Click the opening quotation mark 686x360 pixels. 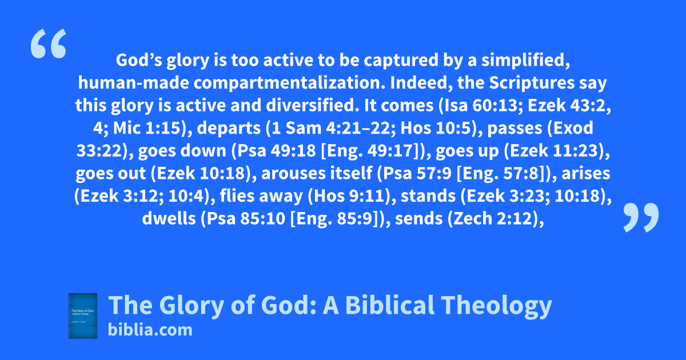(49, 43)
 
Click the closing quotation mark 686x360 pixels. (641, 217)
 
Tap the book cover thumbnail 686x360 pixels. (83, 316)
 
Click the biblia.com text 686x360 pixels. (150, 330)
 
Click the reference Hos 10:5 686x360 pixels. (435, 128)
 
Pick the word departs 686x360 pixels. (229, 129)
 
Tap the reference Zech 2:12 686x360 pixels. (493, 218)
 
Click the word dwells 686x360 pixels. (169, 218)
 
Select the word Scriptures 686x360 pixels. (532, 83)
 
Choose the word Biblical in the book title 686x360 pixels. (389, 305)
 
